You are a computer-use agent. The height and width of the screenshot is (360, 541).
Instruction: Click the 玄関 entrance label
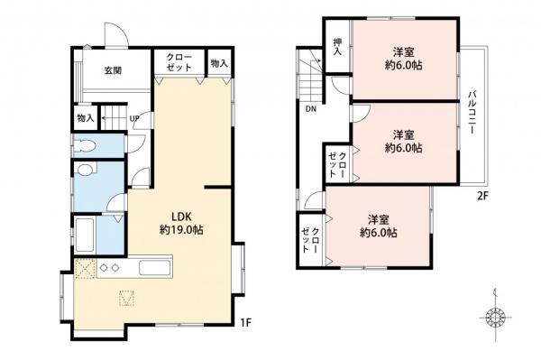tap(113, 70)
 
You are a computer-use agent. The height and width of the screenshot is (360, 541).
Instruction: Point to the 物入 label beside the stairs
tap(85, 118)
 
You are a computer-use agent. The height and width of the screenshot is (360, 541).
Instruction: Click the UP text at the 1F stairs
tap(134, 119)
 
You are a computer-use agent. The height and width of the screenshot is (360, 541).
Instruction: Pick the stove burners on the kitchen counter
tap(107, 267)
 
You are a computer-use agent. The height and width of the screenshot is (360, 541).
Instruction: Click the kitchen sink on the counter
tap(152, 268)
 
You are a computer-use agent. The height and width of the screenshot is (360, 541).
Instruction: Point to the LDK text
tap(181, 216)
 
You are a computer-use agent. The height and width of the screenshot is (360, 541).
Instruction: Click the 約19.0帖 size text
tap(181, 230)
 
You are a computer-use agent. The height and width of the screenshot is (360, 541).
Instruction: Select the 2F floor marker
tap(481, 192)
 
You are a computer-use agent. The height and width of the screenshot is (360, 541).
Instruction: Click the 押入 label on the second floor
tap(337, 47)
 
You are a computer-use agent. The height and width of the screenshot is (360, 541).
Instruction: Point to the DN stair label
tap(309, 109)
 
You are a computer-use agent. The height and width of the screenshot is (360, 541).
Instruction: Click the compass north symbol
tap(493, 318)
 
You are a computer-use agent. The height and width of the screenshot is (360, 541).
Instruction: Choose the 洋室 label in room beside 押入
tap(404, 52)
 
